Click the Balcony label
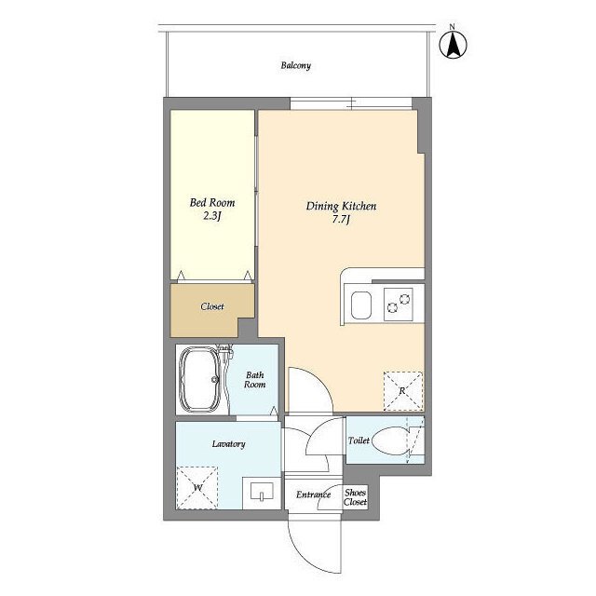[296, 65]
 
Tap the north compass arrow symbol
[454, 45]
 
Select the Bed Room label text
[212, 203]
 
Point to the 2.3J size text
[211, 216]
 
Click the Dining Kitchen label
[341, 206]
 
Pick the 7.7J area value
[341, 220]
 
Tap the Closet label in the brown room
[212, 306]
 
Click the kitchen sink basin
[361, 305]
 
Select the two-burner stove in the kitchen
[399, 305]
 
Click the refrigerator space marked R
[403, 391]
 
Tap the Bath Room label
[254, 380]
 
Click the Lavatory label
[228, 444]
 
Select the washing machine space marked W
[197, 488]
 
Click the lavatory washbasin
[262, 493]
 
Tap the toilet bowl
[391, 440]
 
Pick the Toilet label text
[359, 440]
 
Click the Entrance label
[313, 494]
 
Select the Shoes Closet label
[356, 497]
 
